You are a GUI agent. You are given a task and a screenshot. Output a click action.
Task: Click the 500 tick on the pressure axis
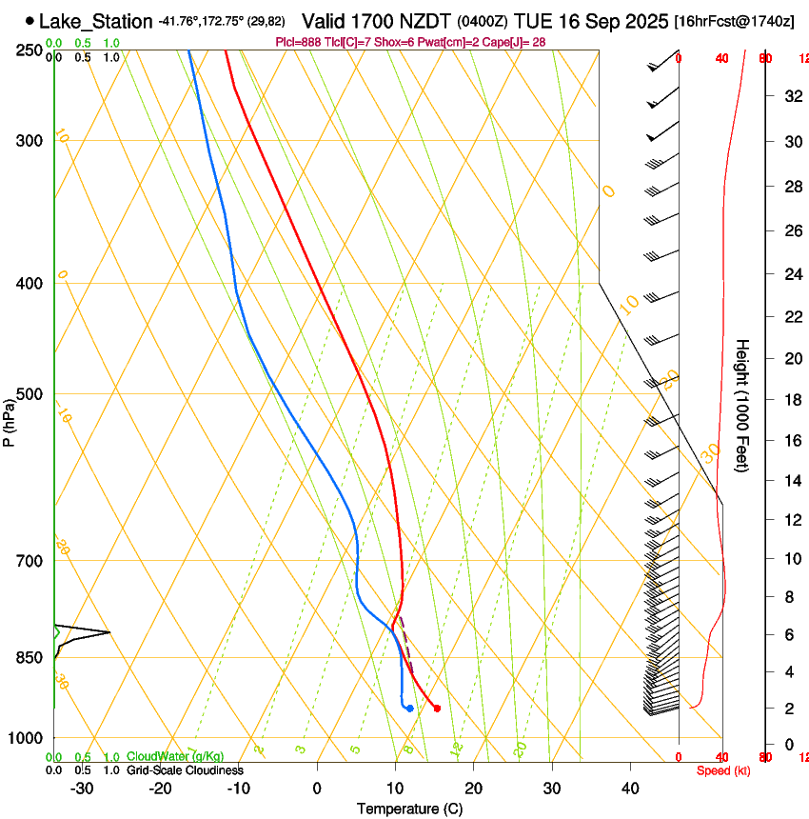point(30,394)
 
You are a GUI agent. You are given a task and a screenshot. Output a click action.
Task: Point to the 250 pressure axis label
point(30,50)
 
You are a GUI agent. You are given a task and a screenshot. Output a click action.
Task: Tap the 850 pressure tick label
point(30,658)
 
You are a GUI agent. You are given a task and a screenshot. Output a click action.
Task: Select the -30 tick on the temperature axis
point(82,789)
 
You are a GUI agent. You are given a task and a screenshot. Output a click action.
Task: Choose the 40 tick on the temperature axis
point(629,789)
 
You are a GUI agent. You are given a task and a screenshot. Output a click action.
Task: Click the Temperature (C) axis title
point(409,809)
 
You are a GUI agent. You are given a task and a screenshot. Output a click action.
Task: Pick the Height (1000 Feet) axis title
point(742,405)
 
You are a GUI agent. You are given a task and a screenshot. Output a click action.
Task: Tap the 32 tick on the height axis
point(792,96)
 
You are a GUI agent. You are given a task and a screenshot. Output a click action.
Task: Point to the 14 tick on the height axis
point(792,481)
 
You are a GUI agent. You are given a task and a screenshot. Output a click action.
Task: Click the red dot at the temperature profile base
point(437,709)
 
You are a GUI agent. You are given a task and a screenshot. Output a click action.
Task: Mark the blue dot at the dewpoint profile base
point(409,709)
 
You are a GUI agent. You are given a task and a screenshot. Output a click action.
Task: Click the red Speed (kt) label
point(723,770)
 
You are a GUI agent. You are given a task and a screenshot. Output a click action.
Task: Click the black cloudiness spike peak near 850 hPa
point(109,632)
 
